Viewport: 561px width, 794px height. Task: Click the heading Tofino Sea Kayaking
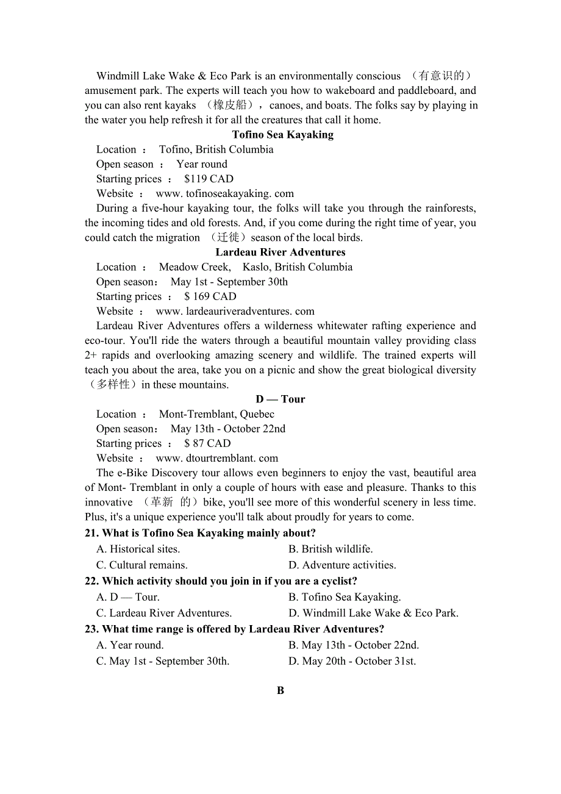tap(282, 135)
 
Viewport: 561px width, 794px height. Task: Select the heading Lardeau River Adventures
tap(280, 252)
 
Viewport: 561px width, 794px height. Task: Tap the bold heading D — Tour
tap(280, 399)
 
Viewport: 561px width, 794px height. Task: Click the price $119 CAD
tap(209, 179)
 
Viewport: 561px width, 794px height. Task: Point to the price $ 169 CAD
tap(210, 297)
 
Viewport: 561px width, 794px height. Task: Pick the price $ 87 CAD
tap(207, 444)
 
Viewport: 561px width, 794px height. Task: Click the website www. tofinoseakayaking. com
tap(224, 194)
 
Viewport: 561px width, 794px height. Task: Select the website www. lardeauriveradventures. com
tap(235, 312)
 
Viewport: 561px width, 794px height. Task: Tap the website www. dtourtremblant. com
tap(216, 459)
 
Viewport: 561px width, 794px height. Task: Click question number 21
tap(91, 534)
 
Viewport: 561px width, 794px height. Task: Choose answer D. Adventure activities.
tap(342, 565)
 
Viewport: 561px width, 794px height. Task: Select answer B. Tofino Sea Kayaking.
tap(345, 598)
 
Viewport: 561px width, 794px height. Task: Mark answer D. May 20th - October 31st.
tap(352, 662)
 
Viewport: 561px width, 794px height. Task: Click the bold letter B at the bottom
tap(280, 691)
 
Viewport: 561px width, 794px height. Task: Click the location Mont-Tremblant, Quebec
tap(216, 415)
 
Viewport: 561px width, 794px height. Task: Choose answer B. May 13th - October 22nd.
tap(354, 645)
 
